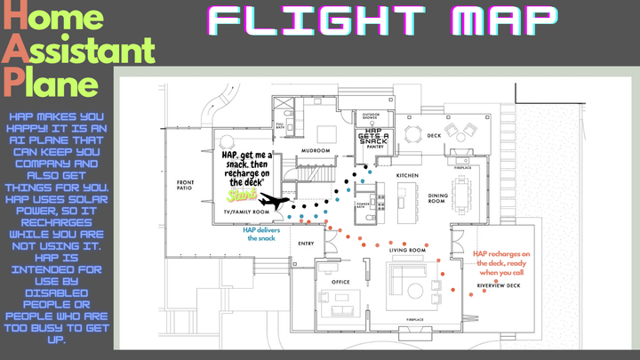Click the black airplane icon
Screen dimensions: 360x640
pyautogui.click(x=279, y=204)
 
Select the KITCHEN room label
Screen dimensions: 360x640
pyautogui.click(x=407, y=176)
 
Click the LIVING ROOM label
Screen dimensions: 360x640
pyautogui.click(x=409, y=252)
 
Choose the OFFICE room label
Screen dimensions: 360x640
pyautogui.click(x=340, y=282)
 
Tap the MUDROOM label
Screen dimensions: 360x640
pyautogui.click(x=317, y=151)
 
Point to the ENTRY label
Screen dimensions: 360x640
pyautogui.click(x=306, y=243)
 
